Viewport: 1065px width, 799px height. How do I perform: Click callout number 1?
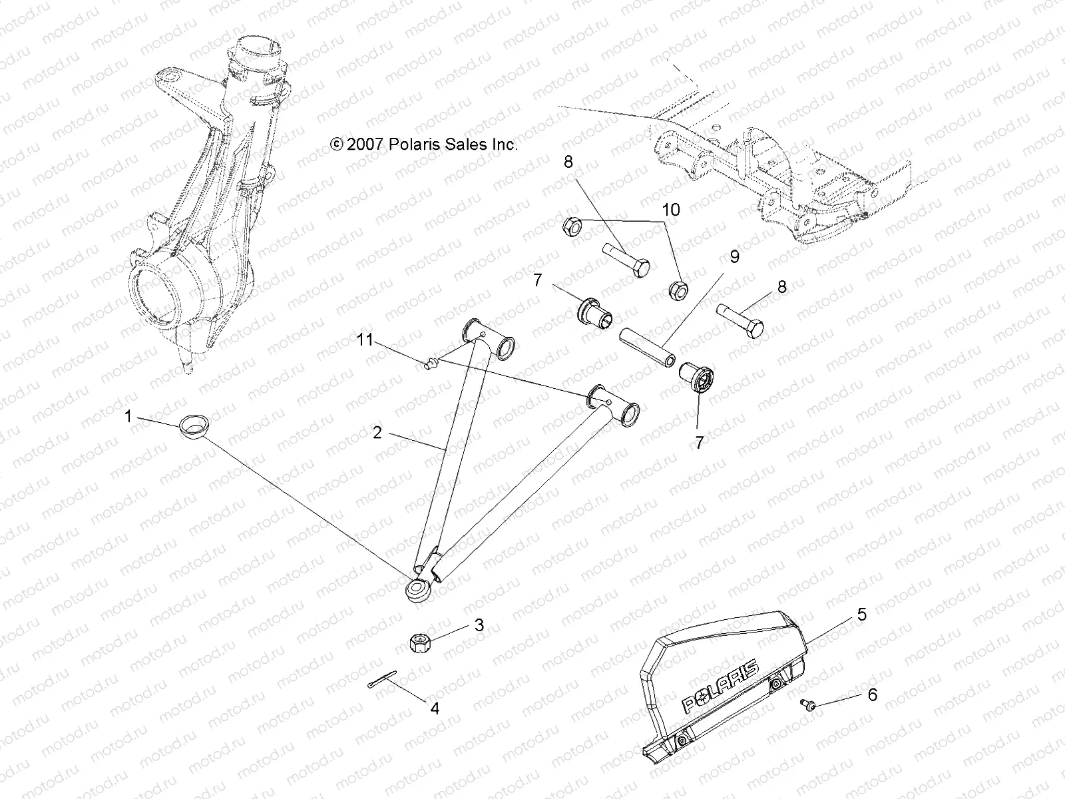coord(127,417)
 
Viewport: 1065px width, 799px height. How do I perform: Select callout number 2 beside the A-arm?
coord(377,433)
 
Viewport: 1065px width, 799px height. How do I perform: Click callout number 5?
coord(861,614)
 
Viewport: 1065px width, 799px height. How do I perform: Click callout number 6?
coord(872,695)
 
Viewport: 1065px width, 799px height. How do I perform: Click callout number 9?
coord(734,257)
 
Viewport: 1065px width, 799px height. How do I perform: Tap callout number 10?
coord(671,210)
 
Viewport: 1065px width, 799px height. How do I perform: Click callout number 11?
coord(365,340)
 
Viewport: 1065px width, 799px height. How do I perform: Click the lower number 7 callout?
coord(699,443)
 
